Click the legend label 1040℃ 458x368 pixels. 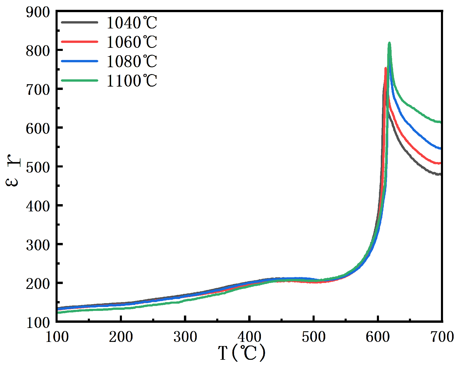[131, 23]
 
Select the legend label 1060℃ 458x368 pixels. [131, 42]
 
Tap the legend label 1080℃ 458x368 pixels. [131, 62]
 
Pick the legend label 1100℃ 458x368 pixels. [131, 81]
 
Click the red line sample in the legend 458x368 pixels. [80, 42]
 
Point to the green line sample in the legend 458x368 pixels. [80, 80]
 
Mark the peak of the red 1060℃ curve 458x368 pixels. [385, 68]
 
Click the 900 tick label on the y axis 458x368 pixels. [38, 12]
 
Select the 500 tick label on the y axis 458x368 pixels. [38, 167]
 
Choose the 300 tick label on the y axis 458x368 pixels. [38, 245]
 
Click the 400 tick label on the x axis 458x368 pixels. [249, 337]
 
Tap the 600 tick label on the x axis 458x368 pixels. [378, 337]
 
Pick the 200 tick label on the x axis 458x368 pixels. [121, 337]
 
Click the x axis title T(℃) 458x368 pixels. [242, 353]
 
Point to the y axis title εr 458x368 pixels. [12, 171]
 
